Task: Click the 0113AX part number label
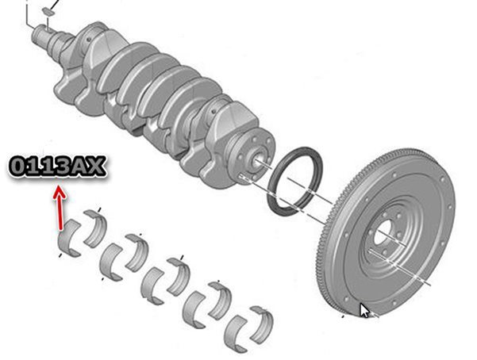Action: pos(58,167)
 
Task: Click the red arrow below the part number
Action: pos(60,209)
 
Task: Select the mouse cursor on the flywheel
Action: pos(364,310)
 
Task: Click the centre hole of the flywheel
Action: pos(382,232)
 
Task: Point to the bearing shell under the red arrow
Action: pos(70,238)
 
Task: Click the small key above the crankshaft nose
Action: pos(48,11)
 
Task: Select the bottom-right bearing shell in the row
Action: pos(262,325)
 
